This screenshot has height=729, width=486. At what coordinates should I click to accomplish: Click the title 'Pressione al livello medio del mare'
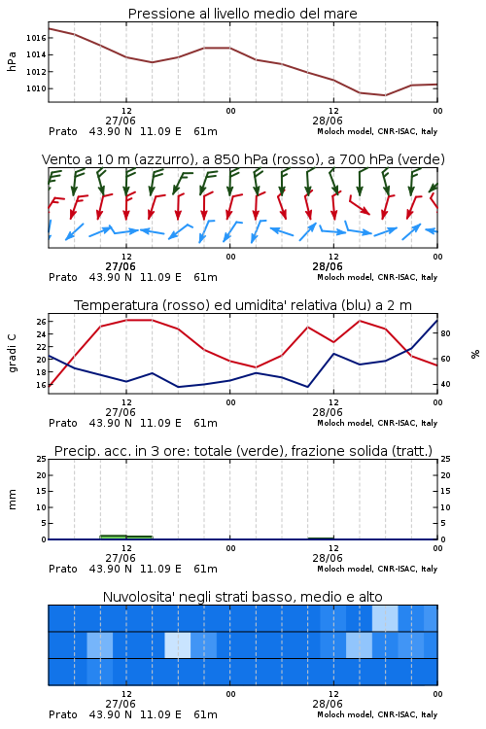242,14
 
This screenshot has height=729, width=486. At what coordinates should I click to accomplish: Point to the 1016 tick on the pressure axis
36,38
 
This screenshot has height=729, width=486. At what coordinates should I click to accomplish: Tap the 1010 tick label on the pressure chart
36,88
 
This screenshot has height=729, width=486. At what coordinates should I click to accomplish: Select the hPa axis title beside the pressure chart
12,61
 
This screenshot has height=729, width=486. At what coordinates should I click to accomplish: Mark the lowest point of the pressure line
385,95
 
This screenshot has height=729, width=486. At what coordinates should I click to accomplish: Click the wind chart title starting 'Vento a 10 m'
243,159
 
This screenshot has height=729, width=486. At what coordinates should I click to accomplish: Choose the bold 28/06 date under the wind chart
328,266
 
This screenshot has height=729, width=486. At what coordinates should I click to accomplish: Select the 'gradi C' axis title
12,354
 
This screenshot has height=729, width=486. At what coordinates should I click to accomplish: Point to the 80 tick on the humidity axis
445,333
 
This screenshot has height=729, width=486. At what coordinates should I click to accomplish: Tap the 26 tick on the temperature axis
42,322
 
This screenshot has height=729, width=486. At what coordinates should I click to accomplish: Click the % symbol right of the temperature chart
475,354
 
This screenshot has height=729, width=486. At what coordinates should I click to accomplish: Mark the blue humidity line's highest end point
436,320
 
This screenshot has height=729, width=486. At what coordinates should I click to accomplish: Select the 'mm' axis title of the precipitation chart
12,500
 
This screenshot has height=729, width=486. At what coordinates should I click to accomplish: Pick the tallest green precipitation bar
114,537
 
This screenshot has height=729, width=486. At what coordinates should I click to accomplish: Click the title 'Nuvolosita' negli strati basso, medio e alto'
243,597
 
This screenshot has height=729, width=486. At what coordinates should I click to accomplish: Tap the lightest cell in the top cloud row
385,618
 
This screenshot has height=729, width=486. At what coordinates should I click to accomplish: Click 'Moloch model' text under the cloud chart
345,714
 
